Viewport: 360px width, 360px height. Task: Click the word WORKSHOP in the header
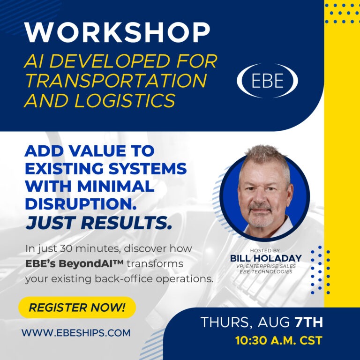(x=117, y=32)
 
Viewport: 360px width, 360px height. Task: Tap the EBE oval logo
(x=267, y=81)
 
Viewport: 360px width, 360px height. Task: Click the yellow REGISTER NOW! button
(x=77, y=307)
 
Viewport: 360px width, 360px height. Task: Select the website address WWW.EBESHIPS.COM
(x=76, y=333)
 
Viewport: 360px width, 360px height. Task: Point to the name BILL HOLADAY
(x=266, y=258)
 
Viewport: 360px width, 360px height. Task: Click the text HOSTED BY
(x=265, y=250)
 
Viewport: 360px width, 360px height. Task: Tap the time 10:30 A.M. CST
(x=279, y=340)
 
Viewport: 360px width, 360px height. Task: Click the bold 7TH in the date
(x=308, y=322)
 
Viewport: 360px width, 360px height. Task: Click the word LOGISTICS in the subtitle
(x=125, y=101)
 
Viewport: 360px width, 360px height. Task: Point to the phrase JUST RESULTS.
(x=99, y=223)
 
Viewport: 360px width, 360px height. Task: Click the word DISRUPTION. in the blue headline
(x=81, y=203)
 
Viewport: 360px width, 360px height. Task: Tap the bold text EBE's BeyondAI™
(x=75, y=263)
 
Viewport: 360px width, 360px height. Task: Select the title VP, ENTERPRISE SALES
(x=266, y=266)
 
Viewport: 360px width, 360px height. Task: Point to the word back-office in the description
(x=124, y=279)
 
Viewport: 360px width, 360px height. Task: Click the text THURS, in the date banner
(x=226, y=322)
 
